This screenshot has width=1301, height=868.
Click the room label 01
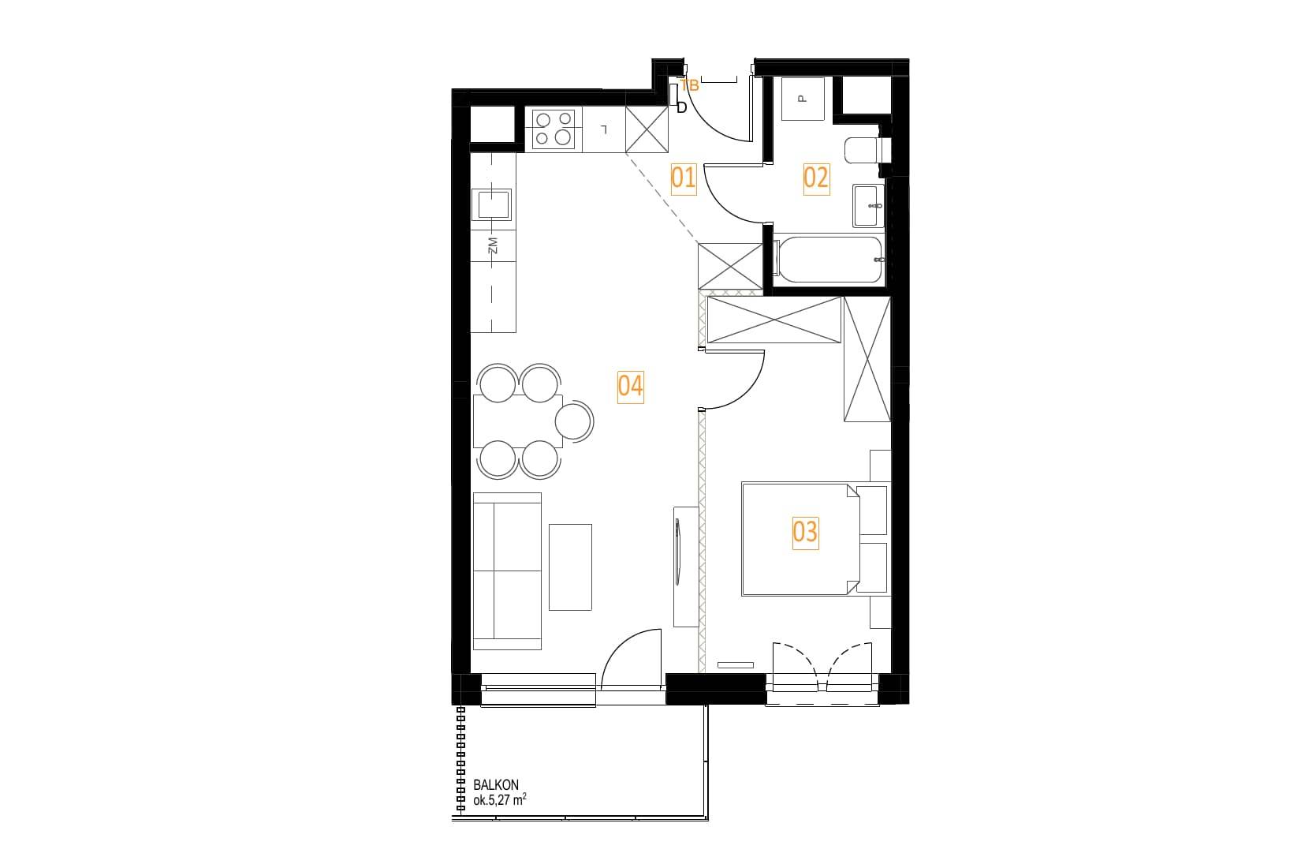(683, 178)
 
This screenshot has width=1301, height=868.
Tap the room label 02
(816, 178)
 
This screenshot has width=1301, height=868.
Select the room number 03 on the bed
(806, 533)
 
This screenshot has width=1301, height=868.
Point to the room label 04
(630, 387)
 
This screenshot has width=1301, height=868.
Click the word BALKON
(496, 785)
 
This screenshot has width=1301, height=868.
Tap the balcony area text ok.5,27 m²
(499, 800)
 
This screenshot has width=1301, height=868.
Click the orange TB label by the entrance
(689, 85)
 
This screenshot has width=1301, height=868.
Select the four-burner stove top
(554, 129)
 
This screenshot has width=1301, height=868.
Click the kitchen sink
(492, 204)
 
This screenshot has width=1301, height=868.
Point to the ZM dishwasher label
(493, 245)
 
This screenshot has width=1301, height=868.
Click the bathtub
(829, 260)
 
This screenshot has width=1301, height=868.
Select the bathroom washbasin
(868, 206)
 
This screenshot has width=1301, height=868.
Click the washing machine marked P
(803, 99)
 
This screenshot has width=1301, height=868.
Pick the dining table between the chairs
(517, 421)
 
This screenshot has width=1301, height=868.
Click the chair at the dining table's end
(575, 421)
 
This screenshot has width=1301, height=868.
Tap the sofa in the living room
(507, 571)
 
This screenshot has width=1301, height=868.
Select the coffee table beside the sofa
(570, 567)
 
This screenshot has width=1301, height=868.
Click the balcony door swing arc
(620, 646)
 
